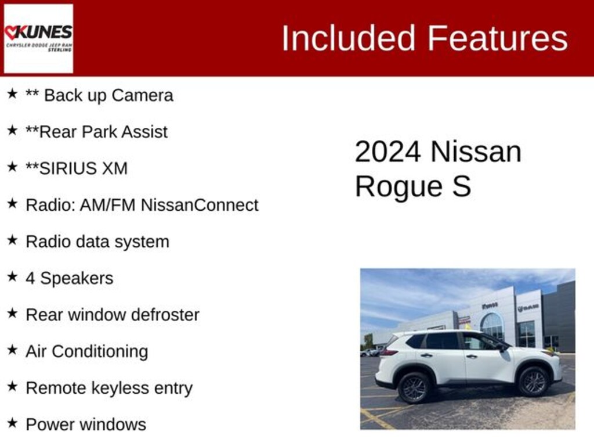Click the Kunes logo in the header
(x=38, y=38)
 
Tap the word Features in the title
(x=498, y=39)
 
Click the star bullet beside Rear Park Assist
(x=12, y=131)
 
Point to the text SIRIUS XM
(x=83, y=168)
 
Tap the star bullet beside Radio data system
(x=12, y=240)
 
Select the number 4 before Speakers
(x=30, y=278)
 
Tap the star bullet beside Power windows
(x=12, y=423)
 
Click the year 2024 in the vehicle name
(x=387, y=152)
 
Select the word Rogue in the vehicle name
(x=391, y=187)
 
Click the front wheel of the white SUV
(x=533, y=382)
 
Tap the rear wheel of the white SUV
(x=414, y=387)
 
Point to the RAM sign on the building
(x=528, y=308)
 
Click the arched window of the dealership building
(x=492, y=326)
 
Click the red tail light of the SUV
(x=387, y=352)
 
